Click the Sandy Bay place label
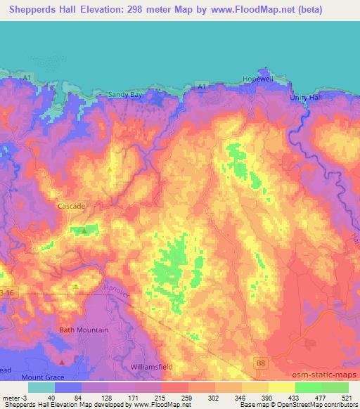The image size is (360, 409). [x=125, y=94]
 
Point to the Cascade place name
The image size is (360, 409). [x=71, y=207]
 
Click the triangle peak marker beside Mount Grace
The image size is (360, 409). [x=63, y=362]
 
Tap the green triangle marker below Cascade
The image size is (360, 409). [x=84, y=230]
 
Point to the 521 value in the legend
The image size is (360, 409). [x=348, y=398]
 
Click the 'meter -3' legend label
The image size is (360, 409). [x=14, y=398]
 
